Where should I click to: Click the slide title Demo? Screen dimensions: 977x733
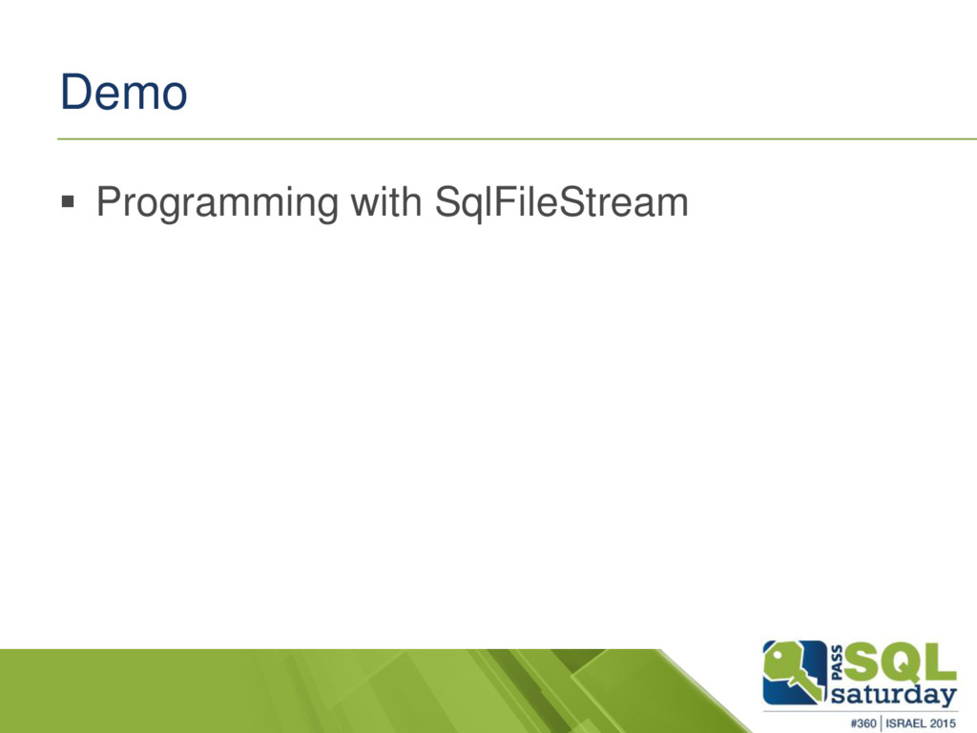(x=123, y=93)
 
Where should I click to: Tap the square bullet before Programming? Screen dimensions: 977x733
(x=68, y=201)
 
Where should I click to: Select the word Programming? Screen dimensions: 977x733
(x=218, y=203)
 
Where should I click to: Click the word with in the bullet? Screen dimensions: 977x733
(x=385, y=201)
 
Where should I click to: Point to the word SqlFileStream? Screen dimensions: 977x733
(x=561, y=202)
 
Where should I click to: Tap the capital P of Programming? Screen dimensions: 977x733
(x=110, y=201)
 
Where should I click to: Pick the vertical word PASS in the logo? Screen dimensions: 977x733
(x=837, y=662)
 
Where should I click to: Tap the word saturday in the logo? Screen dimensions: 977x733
(x=893, y=695)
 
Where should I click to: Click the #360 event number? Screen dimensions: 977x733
(x=863, y=723)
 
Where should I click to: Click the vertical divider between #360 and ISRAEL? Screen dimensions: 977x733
(x=881, y=723)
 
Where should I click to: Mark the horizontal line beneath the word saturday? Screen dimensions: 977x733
(x=860, y=711)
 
